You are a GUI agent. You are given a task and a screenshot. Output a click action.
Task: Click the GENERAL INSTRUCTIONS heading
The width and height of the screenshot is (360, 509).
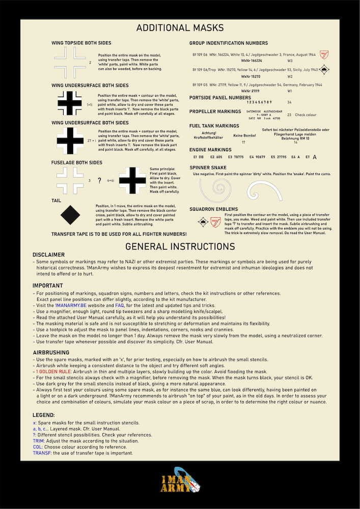click(x=180, y=246)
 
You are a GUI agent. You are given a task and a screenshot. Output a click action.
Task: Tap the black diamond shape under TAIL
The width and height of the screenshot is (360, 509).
click(x=70, y=215)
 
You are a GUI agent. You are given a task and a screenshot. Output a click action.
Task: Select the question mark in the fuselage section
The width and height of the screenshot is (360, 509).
click(x=99, y=180)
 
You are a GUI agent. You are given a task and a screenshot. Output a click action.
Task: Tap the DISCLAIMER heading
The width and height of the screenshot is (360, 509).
click(x=48, y=254)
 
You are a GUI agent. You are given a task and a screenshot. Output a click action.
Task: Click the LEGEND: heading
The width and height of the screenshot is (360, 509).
click(x=44, y=415)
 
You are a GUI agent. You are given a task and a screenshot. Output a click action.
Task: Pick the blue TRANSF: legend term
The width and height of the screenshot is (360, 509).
click(x=42, y=453)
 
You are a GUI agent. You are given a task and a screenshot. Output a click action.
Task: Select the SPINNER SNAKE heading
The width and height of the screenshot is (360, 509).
click(x=208, y=167)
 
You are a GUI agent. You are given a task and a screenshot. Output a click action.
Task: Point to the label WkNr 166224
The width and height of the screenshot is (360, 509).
click(x=251, y=61)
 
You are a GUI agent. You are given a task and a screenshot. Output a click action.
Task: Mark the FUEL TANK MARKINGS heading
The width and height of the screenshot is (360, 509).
click(x=214, y=126)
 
